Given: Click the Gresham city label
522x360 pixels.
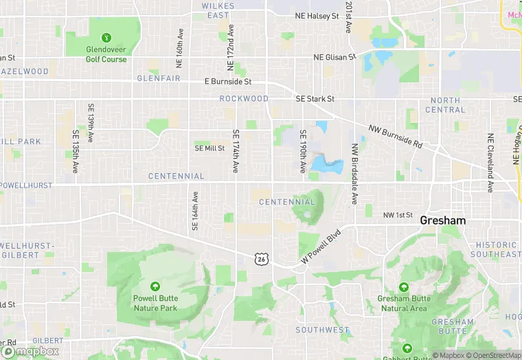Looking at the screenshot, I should pyautogui.click(x=442, y=221).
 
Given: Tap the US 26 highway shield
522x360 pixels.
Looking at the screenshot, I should pyautogui.click(x=260, y=258).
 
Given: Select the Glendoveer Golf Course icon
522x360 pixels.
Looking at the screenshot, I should pyautogui.click(x=106, y=37).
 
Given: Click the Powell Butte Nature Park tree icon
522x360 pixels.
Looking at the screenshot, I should pyautogui.click(x=155, y=286).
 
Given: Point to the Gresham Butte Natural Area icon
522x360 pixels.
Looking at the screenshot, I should pyautogui.click(x=403, y=287).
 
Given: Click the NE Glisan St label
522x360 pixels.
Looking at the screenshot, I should pyautogui.click(x=334, y=58).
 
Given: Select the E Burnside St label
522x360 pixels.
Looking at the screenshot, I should pyautogui.click(x=228, y=81).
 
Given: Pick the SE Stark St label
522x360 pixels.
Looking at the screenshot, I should pyautogui.click(x=315, y=99).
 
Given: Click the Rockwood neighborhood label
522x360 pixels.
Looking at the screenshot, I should pyautogui.click(x=244, y=99).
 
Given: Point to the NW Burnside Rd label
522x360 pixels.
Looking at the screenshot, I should pyautogui.click(x=394, y=136).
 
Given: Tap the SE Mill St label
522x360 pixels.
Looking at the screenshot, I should pyautogui.click(x=209, y=148).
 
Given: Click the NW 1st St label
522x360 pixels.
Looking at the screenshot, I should pyautogui.click(x=398, y=216).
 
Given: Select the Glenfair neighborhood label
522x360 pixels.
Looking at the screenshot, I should pyautogui.click(x=158, y=78).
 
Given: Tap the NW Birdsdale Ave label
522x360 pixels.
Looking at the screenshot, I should pyautogui.click(x=355, y=174).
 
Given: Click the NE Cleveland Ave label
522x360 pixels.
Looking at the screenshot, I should pyautogui.click(x=490, y=164).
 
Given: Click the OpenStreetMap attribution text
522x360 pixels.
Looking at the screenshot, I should pyautogui.click(x=488, y=355).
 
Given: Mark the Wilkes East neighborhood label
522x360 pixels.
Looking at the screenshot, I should pyautogui.click(x=218, y=10).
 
